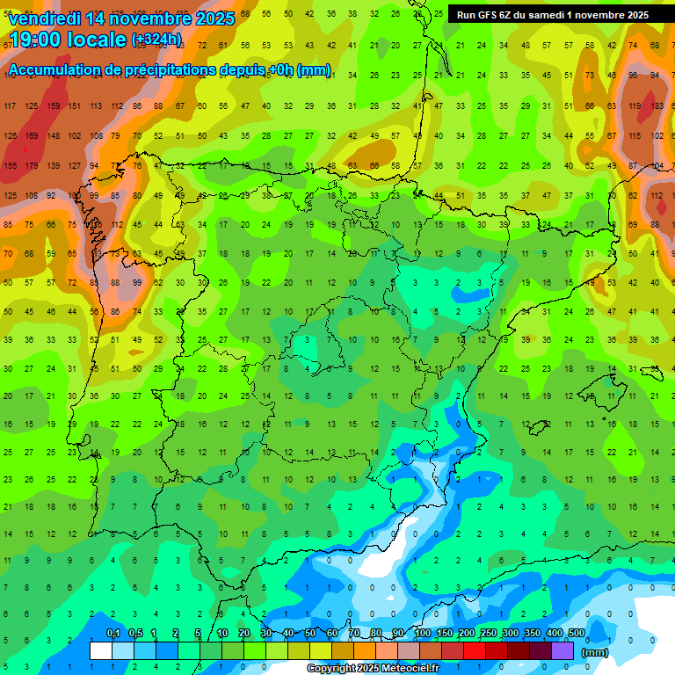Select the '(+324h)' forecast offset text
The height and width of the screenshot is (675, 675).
coord(156,39)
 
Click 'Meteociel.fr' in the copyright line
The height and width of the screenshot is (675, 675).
coord(400,669)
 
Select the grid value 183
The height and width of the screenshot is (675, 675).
coord(656,106)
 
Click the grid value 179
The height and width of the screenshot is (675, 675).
coord(32,166)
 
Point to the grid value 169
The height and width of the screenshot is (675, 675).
coord(32,136)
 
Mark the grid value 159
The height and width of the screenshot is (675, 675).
coord(54,106)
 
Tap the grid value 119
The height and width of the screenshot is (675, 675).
coord(634,106)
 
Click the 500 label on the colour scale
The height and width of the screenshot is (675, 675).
coord(576,634)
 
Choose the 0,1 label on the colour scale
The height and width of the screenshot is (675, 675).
coord(112,634)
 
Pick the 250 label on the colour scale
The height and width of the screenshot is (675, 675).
coord(488,634)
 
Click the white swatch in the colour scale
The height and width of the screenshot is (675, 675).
coord(101,650)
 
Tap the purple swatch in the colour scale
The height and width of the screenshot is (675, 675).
coord(562,650)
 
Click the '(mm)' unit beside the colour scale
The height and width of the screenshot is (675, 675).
coord(596,652)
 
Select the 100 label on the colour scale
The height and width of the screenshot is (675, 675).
coord(422,634)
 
